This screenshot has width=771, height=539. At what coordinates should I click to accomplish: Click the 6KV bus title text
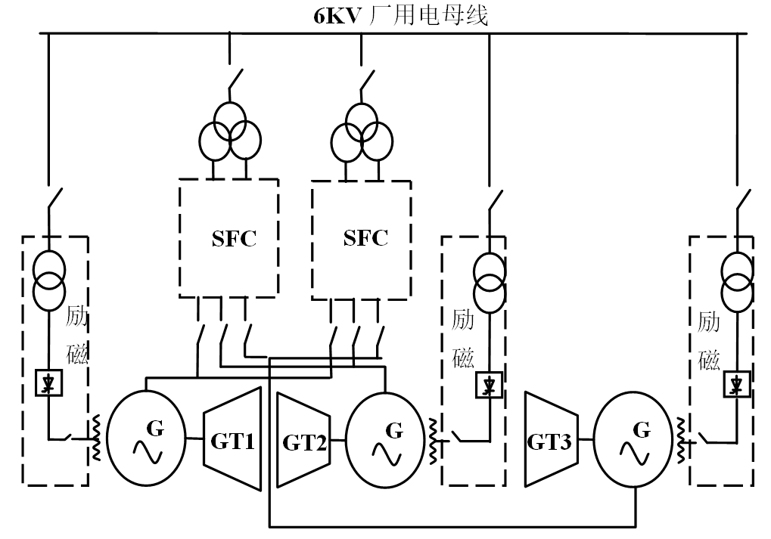pyautogui.click(x=401, y=15)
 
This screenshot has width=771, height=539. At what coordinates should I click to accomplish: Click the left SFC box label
pyautogui.click(x=234, y=239)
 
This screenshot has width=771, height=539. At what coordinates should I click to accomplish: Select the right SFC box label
pyautogui.click(x=365, y=238)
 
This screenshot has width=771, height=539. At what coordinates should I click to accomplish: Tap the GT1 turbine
pyautogui.click(x=232, y=439)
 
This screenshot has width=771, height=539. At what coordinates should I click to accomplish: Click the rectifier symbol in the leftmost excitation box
pyautogui.click(x=50, y=385)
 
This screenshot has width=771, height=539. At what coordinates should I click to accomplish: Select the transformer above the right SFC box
pyautogui.click(x=362, y=131)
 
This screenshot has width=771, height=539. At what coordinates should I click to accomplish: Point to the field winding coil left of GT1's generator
pyautogui.click(x=96, y=438)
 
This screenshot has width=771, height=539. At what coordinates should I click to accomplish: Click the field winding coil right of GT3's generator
pyautogui.click(x=679, y=440)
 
